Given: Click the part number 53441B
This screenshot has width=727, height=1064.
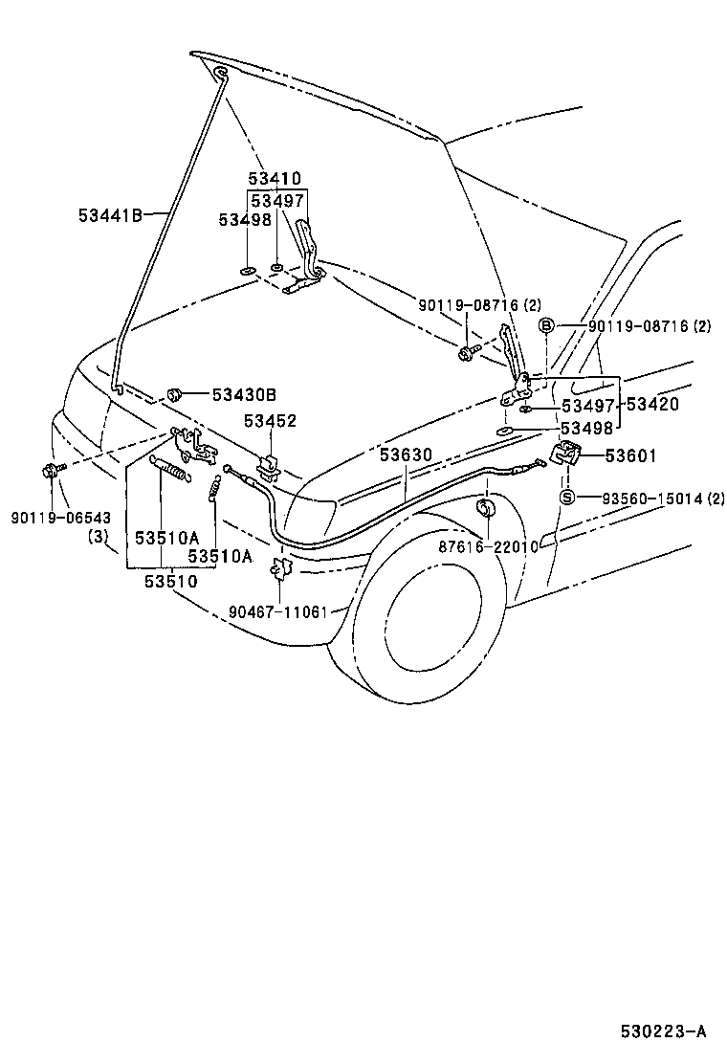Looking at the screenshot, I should [110, 215].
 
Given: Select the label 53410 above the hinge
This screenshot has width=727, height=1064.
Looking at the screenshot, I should [275, 178].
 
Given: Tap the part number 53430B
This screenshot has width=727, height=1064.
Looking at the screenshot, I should [244, 393].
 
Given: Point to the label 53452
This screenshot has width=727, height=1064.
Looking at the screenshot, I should [270, 420].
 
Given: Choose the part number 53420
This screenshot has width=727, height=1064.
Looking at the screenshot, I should [652, 405].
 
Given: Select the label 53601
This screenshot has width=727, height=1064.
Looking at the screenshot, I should [630, 456].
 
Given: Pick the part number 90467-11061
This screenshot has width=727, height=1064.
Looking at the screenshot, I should [279, 611].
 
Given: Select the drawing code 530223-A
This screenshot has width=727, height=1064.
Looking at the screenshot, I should [662, 1031].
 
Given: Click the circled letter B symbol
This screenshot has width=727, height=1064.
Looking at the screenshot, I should [547, 326].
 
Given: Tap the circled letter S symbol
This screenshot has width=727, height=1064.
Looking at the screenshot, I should [566, 497].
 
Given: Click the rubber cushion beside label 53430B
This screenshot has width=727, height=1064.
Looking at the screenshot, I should [176, 392].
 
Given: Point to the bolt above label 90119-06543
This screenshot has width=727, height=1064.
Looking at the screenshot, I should [51, 470].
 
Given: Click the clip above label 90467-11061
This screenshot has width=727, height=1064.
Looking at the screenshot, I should [280, 568].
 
